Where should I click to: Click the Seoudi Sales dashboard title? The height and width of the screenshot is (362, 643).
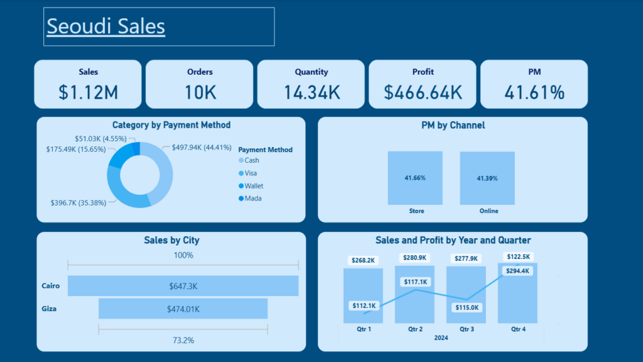click(105, 26)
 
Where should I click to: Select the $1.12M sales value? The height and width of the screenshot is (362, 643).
click(88, 92)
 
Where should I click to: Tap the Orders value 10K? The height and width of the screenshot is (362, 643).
click(200, 92)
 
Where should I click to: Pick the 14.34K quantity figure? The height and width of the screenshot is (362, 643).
click(311, 92)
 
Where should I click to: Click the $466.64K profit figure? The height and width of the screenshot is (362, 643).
click(423, 92)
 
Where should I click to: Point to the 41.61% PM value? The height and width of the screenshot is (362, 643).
click(534, 92)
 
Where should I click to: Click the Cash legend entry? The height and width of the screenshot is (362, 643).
click(249, 160)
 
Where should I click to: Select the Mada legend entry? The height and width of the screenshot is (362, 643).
click(250, 199)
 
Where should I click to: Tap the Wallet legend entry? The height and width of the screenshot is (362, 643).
click(251, 186)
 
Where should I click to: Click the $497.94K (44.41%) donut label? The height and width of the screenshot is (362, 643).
click(202, 147)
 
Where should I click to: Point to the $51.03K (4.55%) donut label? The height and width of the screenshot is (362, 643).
click(100, 139)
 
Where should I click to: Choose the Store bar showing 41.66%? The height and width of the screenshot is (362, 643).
click(415, 178)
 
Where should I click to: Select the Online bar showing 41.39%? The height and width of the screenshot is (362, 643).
click(487, 178)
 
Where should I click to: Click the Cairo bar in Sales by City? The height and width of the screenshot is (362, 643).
click(183, 286)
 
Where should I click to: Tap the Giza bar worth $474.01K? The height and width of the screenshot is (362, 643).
click(183, 309)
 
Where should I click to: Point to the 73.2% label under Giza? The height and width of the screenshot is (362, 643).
click(183, 340)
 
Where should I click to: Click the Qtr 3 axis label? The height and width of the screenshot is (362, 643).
click(467, 329)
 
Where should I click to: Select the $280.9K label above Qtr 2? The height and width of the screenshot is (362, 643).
click(414, 258)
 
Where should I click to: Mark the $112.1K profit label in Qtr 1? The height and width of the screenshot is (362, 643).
click(364, 306)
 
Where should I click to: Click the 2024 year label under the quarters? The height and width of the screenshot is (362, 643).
click(441, 337)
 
